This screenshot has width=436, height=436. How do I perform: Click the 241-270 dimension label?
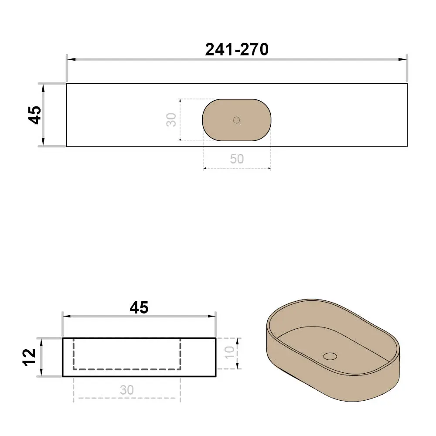237,50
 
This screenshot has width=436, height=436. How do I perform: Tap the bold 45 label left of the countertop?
35,115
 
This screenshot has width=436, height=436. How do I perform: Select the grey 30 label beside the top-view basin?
171,120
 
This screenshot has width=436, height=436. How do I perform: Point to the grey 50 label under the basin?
237,159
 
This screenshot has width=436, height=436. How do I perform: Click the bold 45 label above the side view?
139,307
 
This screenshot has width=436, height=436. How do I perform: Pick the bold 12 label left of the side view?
29,358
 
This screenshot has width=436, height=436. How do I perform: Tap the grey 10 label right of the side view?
229,353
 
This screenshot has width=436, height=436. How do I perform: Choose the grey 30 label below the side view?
127,390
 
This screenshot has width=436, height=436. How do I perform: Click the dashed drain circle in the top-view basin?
236,120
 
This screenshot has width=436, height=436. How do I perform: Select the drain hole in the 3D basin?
330,356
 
